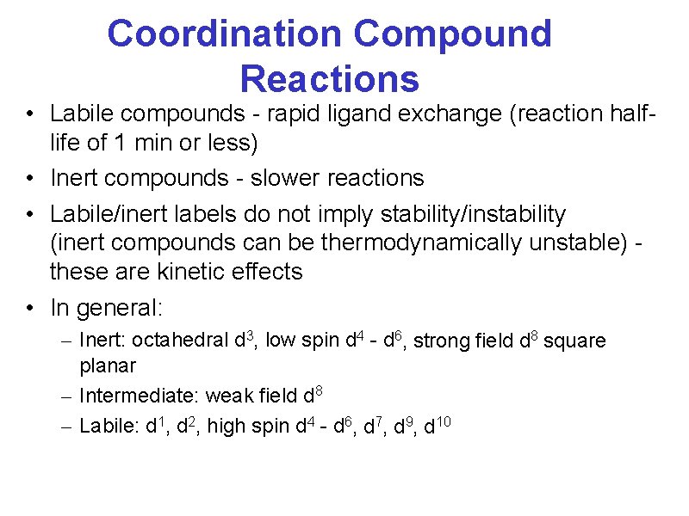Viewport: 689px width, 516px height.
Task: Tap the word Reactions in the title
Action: click(329, 78)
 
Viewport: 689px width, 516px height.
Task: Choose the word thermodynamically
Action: click(420, 243)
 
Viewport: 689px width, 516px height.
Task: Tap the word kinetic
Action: click(198, 272)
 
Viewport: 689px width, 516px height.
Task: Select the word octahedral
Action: click(181, 341)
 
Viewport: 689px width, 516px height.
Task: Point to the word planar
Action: click(108, 365)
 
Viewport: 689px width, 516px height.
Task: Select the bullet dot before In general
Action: click(29, 308)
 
